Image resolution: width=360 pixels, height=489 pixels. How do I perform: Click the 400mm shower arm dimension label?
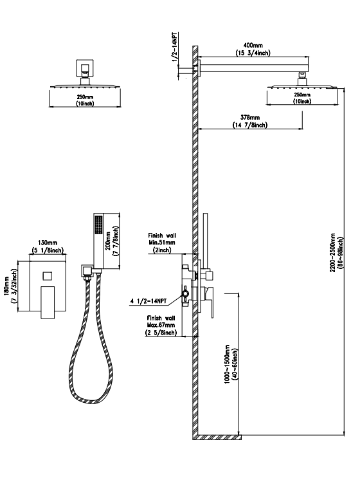click(x=253, y=46)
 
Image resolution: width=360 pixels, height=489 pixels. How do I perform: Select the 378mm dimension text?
click(x=250, y=118)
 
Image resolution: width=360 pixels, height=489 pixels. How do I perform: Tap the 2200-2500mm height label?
click(x=332, y=252)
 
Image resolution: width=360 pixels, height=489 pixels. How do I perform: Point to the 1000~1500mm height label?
click(x=227, y=364)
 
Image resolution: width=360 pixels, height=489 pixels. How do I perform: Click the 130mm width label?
click(x=48, y=243)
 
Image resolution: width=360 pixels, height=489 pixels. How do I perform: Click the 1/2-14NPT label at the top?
click(x=175, y=47)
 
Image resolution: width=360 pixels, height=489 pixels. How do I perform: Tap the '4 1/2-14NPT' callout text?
click(x=148, y=301)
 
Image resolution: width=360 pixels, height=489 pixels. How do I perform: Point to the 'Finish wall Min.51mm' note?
click(x=162, y=239)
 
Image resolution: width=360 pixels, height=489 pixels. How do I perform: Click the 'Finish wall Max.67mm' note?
click(x=161, y=322)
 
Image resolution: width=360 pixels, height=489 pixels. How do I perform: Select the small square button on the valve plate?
click(x=47, y=276)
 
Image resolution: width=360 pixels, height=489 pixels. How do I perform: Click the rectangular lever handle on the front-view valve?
click(x=48, y=302)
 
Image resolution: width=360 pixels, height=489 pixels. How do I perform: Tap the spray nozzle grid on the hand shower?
click(x=99, y=225)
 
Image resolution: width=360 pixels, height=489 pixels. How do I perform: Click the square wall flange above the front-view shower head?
click(x=85, y=68)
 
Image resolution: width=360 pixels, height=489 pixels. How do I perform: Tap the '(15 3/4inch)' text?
click(x=253, y=53)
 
